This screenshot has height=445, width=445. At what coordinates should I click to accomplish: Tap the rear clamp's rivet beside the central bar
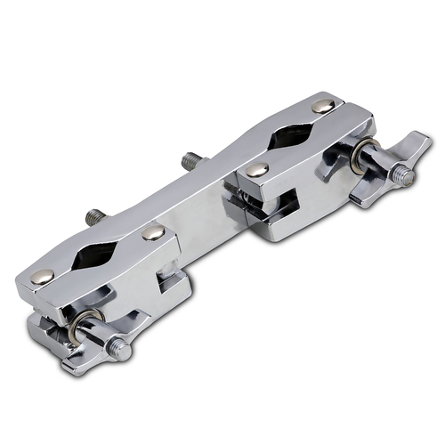pyautogui.click(x=257, y=169)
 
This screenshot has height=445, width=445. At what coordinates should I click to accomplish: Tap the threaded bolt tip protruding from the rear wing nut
pyautogui.click(x=409, y=177)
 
